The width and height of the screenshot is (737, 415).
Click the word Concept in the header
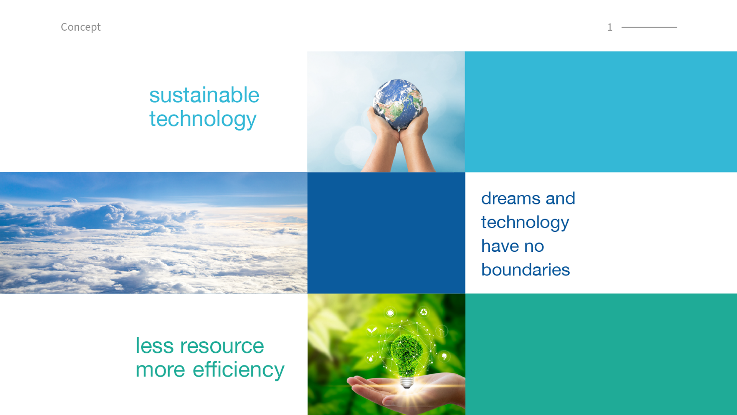coord(81,27)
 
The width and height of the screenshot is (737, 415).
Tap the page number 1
coord(610,27)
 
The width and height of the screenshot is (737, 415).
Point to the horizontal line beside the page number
coord(649,27)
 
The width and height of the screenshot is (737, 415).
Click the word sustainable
coord(204,95)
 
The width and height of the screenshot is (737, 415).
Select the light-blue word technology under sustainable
coord(203,120)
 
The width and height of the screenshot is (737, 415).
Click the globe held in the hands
coord(398,104)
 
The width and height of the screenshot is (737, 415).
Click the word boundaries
coord(525,269)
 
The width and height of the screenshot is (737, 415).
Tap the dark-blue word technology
coord(525,223)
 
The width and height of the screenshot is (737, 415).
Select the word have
coord(500,246)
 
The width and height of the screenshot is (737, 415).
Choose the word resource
coord(222,346)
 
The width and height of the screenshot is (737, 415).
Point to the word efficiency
coord(238,370)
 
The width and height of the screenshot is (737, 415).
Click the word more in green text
coord(160,370)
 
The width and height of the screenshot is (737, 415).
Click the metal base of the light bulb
coord(407,382)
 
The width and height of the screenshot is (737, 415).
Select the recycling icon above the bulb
coord(424,312)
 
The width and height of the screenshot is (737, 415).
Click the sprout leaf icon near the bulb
coord(372,331)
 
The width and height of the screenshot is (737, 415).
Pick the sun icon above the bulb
coord(390,313)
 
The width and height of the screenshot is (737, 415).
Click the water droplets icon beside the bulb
coord(370,358)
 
